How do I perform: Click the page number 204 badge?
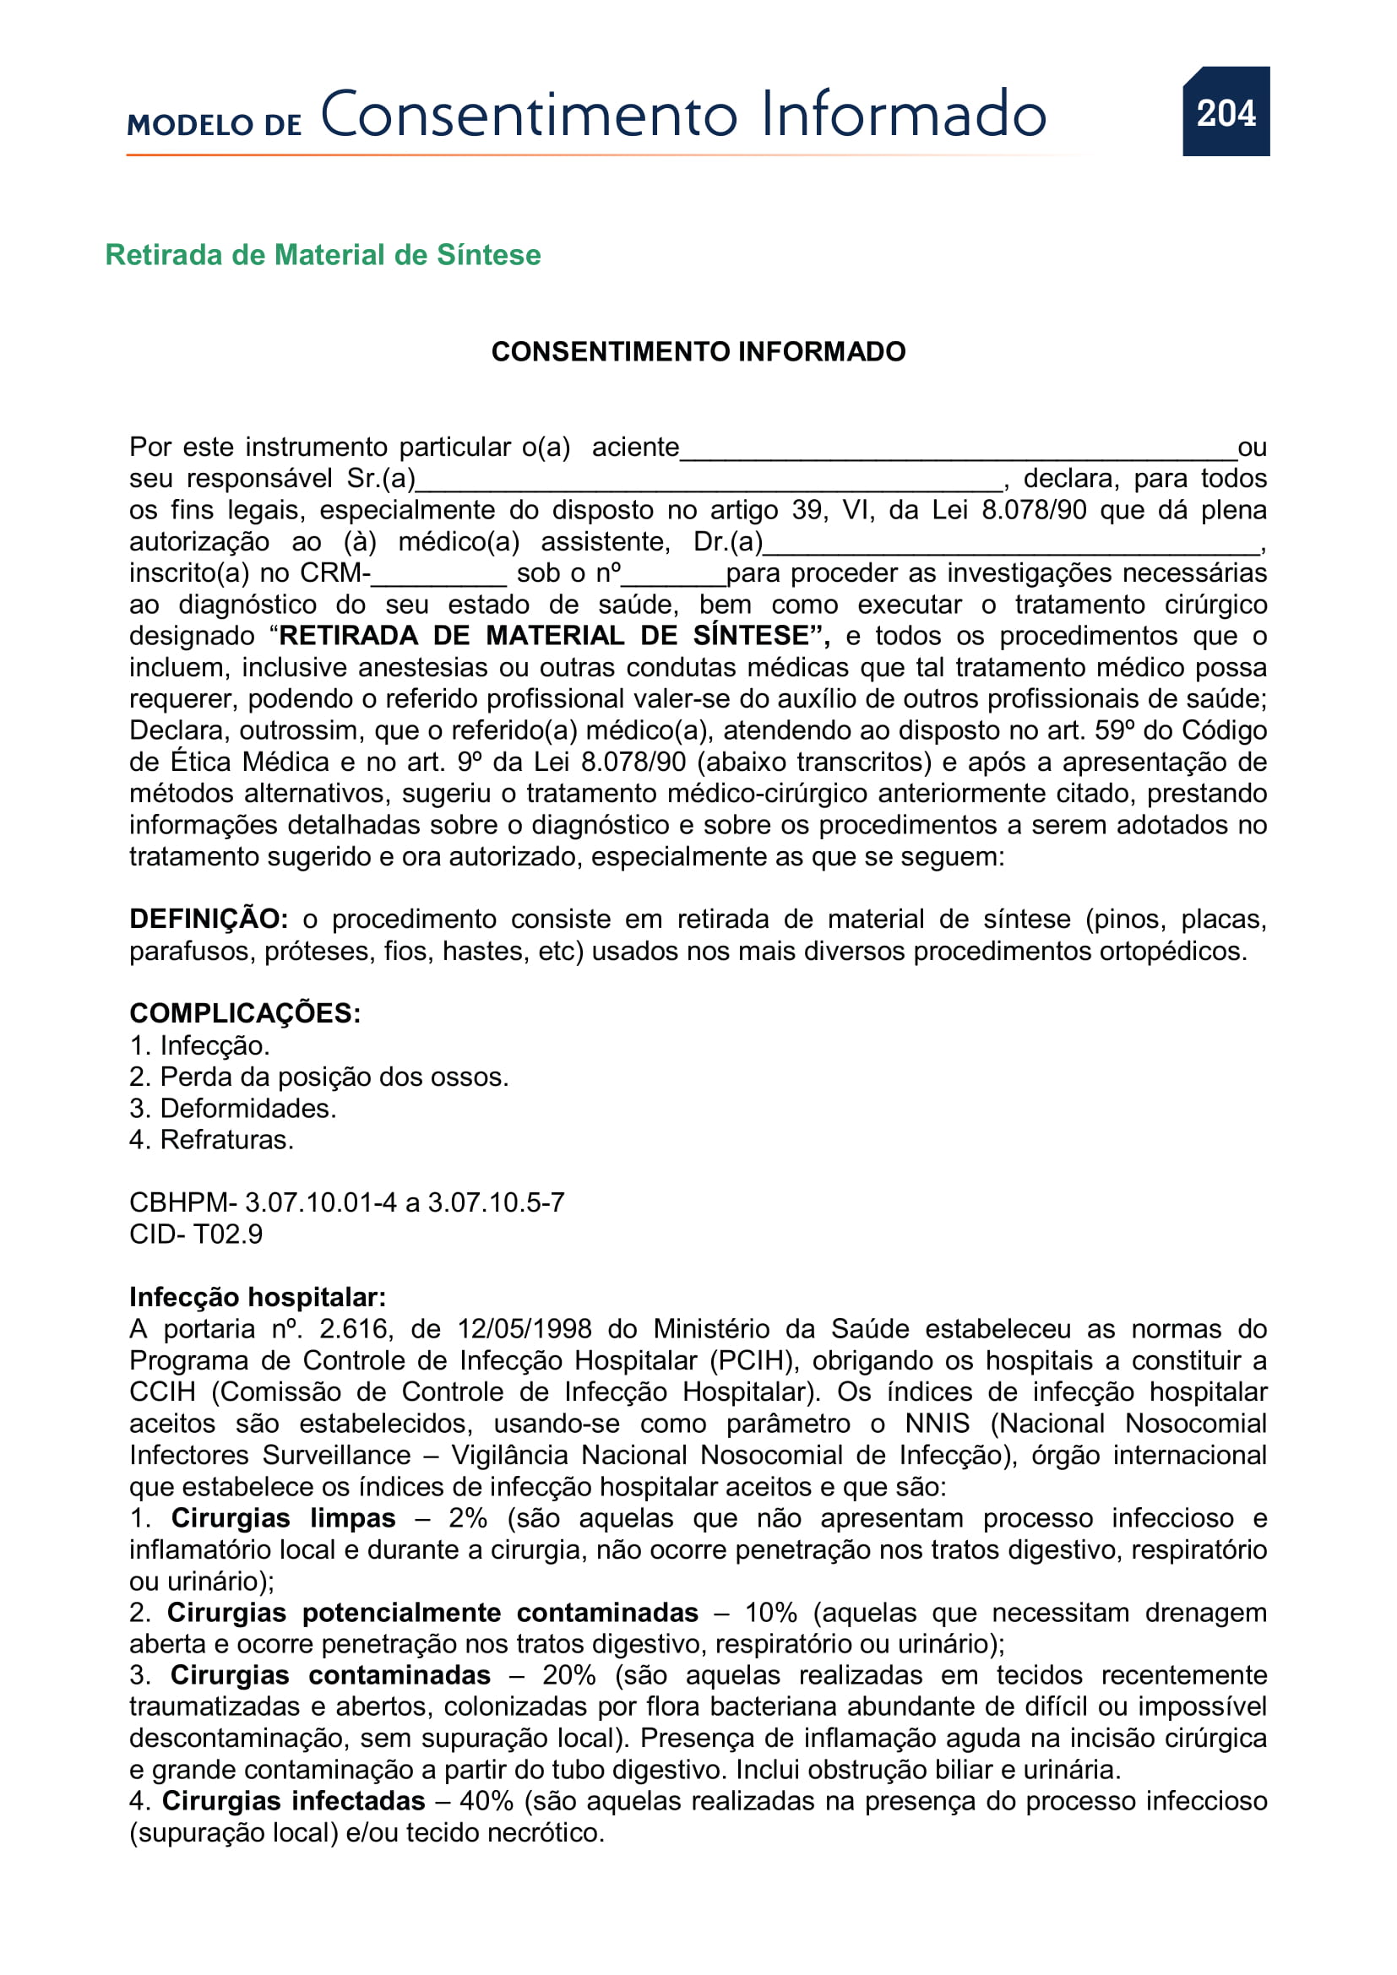click(x=1225, y=111)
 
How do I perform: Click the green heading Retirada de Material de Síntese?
click(x=323, y=255)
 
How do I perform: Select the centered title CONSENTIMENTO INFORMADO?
click(x=698, y=352)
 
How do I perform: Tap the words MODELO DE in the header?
click(x=215, y=125)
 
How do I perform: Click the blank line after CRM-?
click(x=439, y=577)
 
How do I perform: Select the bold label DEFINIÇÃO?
click(x=208, y=920)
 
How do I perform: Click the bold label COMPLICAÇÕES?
click(x=245, y=1013)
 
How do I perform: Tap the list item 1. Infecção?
click(x=199, y=1046)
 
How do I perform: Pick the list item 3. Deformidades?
click(x=232, y=1109)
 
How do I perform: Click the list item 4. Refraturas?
click(x=212, y=1141)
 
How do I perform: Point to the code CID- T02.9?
click(x=196, y=1234)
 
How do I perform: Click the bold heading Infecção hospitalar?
click(x=258, y=1297)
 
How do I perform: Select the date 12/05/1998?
click(x=524, y=1329)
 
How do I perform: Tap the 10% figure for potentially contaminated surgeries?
click(x=770, y=1613)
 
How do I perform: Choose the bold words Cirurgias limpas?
click(x=283, y=1518)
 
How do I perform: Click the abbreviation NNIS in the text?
click(x=937, y=1424)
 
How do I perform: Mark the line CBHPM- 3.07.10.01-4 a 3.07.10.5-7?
click(x=346, y=1202)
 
